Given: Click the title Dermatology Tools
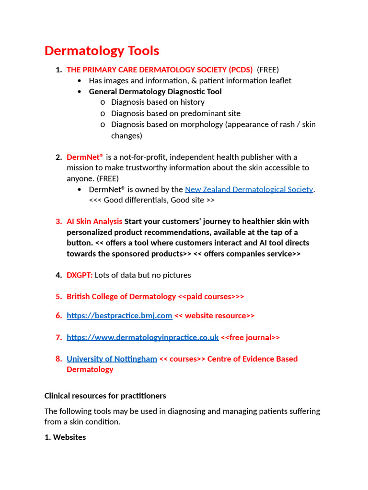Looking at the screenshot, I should pyautogui.click(x=102, y=51).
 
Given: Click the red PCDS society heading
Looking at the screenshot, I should pyautogui.click(x=160, y=70).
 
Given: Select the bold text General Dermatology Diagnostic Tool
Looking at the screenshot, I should pyautogui.click(x=155, y=91).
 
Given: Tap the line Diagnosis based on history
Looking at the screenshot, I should pyautogui.click(x=158, y=102).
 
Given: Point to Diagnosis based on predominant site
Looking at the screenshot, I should pyautogui.click(x=175, y=113).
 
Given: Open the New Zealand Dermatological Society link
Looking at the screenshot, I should pyautogui.click(x=249, y=189).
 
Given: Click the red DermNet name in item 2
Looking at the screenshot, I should pyautogui.click(x=84, y=157).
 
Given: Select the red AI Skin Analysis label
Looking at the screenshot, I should pyautogui.click(x=94, y=222).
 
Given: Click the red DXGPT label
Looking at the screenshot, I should pyautogui.click(x=79, y=275).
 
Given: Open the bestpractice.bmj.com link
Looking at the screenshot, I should pyautogui.click(x=119, y=316).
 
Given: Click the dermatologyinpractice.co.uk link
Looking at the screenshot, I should pyautogui.click(x=142, y=337).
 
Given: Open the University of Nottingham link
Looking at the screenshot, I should pyautogui.click(x=112, y=359).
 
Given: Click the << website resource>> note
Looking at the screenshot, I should pyautogui.click(x=214, y=316).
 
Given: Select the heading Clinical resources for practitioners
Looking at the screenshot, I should pyautogui.click(x=105, y=396).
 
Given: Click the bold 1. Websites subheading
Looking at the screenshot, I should pyautogui.click(x=65, y=437).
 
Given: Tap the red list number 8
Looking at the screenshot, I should pyautogui.click(x=58, y=359).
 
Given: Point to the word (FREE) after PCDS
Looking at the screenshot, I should pyautogui.click(x=268, y=70).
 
